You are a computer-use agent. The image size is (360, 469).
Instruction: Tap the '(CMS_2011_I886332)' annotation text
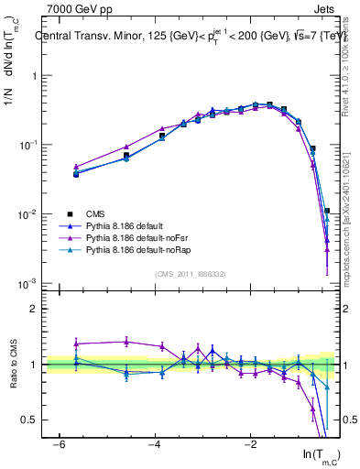tap(191, 273)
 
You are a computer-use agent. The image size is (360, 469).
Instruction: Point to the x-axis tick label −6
tap(58, 443)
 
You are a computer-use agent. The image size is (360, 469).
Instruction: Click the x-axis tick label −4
tap(154, 443)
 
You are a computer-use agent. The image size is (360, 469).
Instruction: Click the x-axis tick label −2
tap(250, 443)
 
